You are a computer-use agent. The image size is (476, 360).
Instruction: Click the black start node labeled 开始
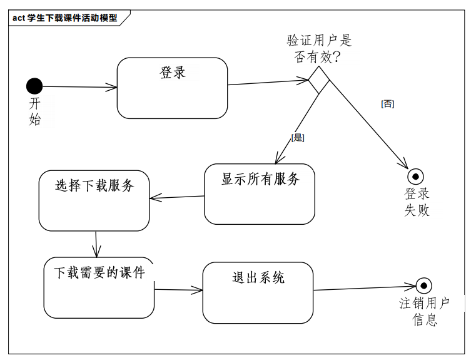pyautogui.click(x=34, y=86)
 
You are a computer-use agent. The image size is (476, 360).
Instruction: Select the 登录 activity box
pyautogui.click(x=172, y=88)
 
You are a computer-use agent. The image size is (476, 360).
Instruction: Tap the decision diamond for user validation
pyautogui.click(x=319, y=80)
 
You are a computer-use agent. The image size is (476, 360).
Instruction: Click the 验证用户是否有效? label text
pyautogui.click(x=319, y=49)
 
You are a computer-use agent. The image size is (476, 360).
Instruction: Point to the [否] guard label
pyautogui.click(x=387, y=104)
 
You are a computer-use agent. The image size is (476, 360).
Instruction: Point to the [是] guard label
pyautogui.click(x=298, y=137)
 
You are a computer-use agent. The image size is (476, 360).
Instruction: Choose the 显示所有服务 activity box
pyautogui.click(x=259, y=193)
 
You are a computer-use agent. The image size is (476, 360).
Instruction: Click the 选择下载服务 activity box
pyautogui.click(x=94, y=200)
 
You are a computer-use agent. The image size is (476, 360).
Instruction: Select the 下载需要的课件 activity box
pyautogui.click(x=99, y=287)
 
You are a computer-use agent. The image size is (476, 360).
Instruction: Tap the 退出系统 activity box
pyautogui.click(x=258, y=292)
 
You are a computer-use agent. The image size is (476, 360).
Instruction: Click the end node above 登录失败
pyautogui.click(x=416, y=177)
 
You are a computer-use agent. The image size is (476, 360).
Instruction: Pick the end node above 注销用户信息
pyautogui.click(x=424, y=286)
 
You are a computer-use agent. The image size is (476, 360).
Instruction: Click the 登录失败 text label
pyautogui.click(x=417, y=202)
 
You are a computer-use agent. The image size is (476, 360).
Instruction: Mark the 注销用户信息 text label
pyautogui.click(x=425, y=311)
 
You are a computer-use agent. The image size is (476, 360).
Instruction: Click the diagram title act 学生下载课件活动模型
pyautogui.click(x=65, y=18)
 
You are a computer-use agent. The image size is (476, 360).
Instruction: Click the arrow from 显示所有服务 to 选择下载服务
pyautogui.click(x=177, y=197)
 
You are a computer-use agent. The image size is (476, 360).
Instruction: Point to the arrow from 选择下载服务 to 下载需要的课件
pyautogui.click(x=96, y=244)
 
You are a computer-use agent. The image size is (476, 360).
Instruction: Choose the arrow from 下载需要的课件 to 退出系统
pyautogui.click(x=178, y=290)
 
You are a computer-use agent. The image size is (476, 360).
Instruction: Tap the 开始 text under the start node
pyautogui.click(x=35, y=111)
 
